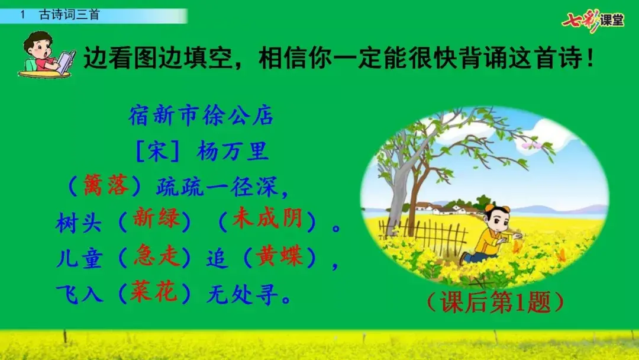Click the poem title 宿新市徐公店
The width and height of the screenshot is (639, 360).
coord(201,116)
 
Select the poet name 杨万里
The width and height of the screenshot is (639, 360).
coord(233,151)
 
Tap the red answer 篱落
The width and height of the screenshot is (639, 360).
coord(105,185)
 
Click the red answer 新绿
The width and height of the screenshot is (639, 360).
coord(156,218)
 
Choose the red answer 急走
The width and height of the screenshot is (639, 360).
coord(156,255)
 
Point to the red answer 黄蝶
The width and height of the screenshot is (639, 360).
coord(279,256)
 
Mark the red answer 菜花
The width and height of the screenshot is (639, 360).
coord(153,292)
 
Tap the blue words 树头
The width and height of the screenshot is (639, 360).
coord(79,223)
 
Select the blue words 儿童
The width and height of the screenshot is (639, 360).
coord(79,259)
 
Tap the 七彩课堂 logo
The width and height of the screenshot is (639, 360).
coord(592,20)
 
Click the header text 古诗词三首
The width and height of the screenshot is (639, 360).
coord(69,15)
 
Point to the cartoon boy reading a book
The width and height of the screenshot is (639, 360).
coord(46,55)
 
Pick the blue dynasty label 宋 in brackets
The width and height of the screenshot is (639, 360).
coord(157,152)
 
